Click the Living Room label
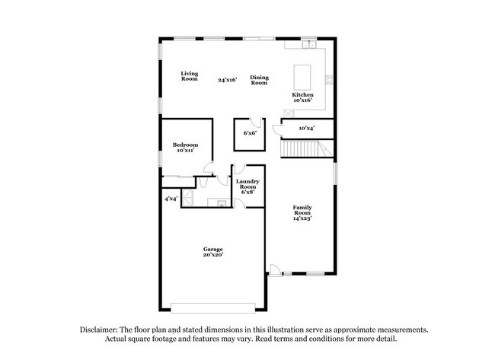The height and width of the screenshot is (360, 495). [x=189, y=76]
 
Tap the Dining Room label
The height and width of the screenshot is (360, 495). [x=259, y=79]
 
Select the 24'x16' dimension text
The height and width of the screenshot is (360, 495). [x=227, y=79]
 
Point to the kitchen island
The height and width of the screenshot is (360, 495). [x=303, y=75]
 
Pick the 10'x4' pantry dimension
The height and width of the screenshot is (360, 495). [x=307, y=128]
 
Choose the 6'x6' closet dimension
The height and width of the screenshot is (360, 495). [x=249, y=133]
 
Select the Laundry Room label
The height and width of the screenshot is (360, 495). [x=248, y=186]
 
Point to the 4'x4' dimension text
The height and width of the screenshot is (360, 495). [x=171, y=199]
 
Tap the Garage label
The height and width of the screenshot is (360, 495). [x=212, y=250]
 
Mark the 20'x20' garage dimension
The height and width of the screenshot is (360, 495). [x=212, y=256]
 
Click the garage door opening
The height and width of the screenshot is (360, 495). [x=212, y=308]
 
